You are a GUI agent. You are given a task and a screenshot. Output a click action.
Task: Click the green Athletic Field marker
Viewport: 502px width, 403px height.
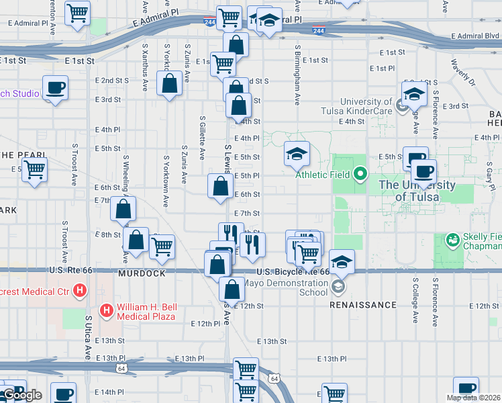[x=360, y=177]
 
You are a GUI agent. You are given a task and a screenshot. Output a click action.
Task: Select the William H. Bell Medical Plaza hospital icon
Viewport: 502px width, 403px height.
[x=106, y=310]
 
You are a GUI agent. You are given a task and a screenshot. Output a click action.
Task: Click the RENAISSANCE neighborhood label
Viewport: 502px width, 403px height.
[x=362, y=305]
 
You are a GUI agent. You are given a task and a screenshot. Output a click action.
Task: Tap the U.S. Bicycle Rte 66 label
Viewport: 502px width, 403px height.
[x=293, y=272]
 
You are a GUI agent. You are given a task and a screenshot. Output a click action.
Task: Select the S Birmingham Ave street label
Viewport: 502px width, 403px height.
[x=297, y=75]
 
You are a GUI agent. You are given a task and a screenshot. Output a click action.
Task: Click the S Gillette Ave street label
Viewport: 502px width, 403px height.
[x=202, y=137]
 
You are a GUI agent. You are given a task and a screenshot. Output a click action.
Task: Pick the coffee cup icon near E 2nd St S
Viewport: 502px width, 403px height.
[x=55, y=87]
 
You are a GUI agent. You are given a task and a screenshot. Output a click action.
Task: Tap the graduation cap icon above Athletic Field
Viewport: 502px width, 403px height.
[x=296, y=154]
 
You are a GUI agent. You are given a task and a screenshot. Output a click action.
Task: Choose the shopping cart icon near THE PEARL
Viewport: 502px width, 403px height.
[x=34, y=170]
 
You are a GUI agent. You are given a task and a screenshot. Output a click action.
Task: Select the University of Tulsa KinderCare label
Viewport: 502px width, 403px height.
[x=366, y=106]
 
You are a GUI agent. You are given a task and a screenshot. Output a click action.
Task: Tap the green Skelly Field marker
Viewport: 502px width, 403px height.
[x=454, y=238]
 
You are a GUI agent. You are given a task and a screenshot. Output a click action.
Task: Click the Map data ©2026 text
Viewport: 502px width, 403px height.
[x=472, y=398]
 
